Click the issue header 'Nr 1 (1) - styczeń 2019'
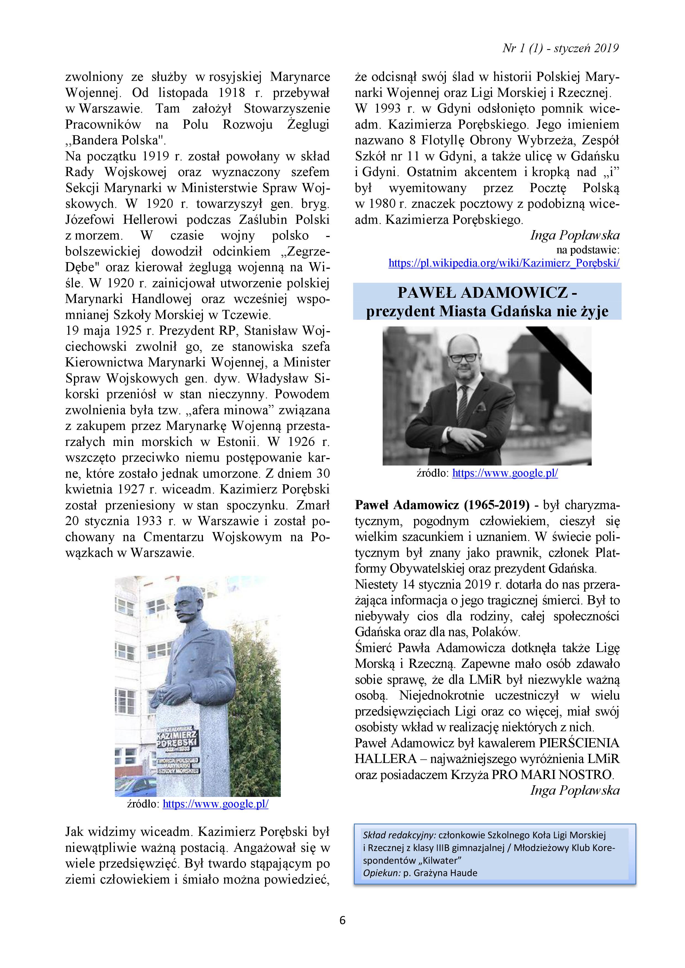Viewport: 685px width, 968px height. (x=560, y=49)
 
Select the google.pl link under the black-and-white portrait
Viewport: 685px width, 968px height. (x=505, y=473)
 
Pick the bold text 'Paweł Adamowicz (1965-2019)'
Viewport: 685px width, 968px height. (x=442, y=505)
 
